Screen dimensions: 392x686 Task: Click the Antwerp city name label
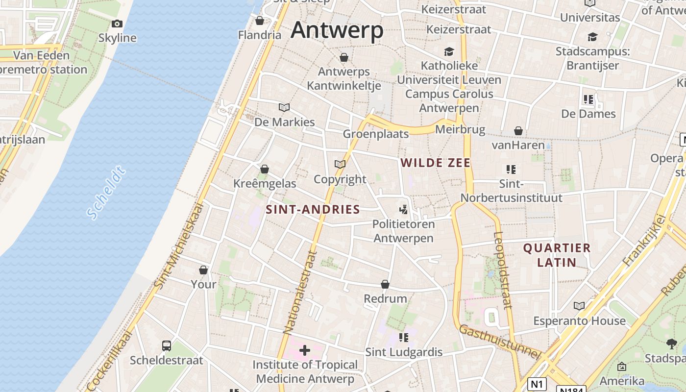tap(337, 30)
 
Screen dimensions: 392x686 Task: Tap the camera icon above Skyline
tap(117, 24)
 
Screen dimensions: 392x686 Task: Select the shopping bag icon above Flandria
tap(260, 21)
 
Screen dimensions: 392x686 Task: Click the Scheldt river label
tap(106, 193)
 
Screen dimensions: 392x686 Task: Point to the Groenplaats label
tap(376, 134)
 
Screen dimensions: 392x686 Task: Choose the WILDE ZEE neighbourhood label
tap(436, 163)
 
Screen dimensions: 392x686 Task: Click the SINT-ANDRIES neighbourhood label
tap(313, 210)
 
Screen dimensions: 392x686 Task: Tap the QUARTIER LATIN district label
tap(557, 255)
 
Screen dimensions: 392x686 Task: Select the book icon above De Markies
tap(284, 107)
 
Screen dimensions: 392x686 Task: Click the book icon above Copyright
tap(340, 164)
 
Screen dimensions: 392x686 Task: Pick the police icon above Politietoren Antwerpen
tap(403, 210)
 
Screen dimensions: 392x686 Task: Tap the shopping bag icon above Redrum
tap(385, 284)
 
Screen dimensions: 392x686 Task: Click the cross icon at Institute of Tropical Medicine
tap(305, 350)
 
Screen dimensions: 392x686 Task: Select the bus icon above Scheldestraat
tap(167, 346)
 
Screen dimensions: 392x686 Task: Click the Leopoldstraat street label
tap(503, 269)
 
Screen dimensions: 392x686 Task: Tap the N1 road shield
tap(537, 384)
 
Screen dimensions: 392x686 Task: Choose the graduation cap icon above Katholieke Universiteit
tap(449, 51)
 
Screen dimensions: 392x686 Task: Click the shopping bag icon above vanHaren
tap(518, 131)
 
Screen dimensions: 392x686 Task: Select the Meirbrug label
tap(460, 130)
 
